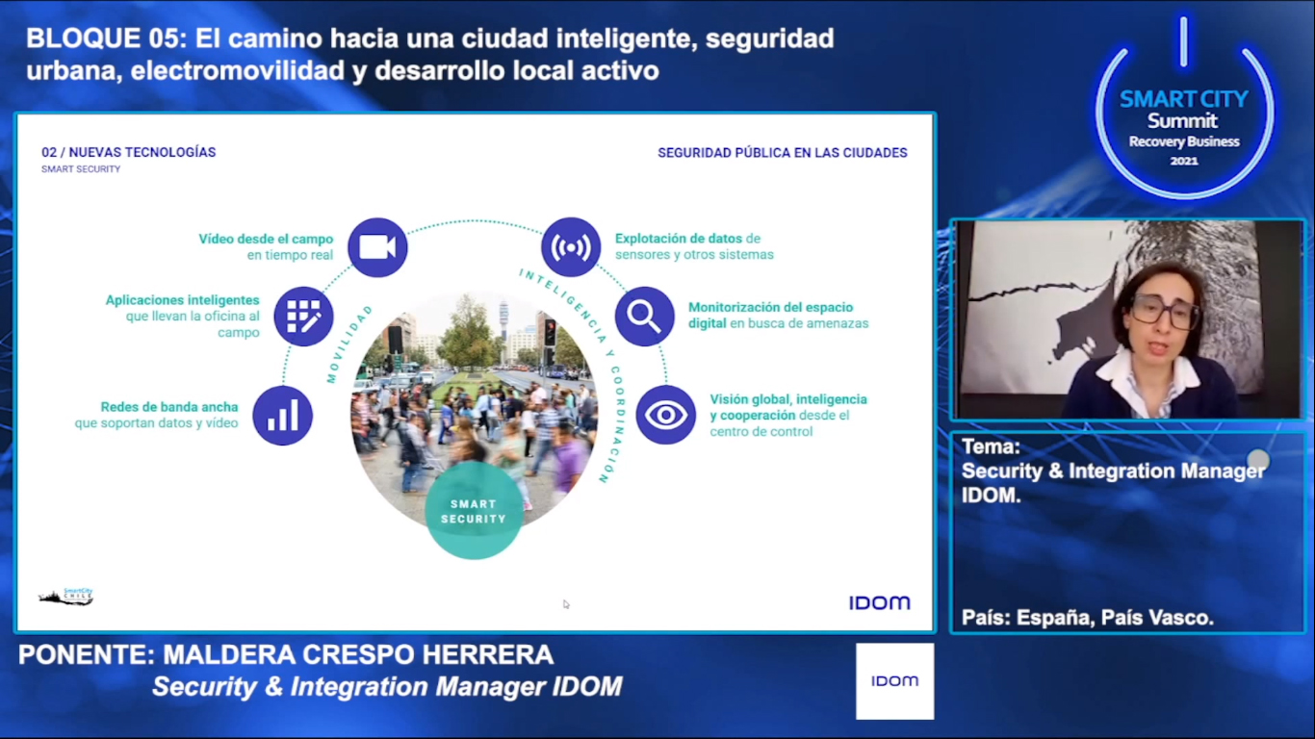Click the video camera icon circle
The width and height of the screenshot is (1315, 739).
[377, 247]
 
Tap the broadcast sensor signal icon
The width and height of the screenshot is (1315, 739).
[571, 247]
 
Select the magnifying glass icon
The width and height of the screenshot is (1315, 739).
[645, 317]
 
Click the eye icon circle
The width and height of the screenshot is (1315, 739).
[666, 415]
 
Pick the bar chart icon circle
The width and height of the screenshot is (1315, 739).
[282, 416]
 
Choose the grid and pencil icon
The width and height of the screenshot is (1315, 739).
[303, 317]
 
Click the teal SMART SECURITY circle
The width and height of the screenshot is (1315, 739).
[474, 510]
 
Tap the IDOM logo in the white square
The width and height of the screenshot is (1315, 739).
[894, 681]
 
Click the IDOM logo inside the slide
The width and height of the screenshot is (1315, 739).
[880, 602]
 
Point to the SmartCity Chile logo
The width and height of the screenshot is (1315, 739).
[65, 597]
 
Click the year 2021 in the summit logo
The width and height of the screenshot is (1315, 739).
[1183, 161]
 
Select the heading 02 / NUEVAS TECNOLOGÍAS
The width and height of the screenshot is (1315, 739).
[129, 153]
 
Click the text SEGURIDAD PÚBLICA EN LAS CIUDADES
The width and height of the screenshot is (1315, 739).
[783, 153]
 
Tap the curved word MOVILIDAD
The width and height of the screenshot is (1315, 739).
[348, 344]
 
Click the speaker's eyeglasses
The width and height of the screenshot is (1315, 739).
[1165, 311]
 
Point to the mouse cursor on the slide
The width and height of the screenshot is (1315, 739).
[566, 604]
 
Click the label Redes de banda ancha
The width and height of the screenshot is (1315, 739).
[169, 407]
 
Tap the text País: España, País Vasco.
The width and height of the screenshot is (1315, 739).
[1087, 618]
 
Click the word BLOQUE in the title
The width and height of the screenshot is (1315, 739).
[84, 38]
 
